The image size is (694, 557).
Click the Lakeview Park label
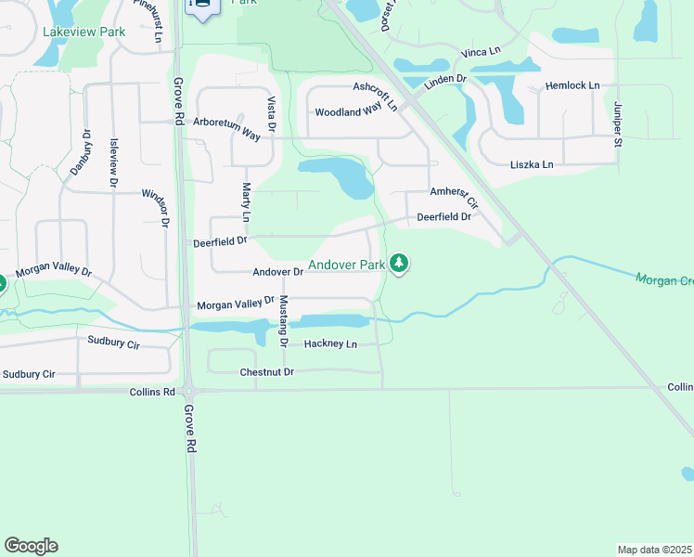84,32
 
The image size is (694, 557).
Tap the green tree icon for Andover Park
399,264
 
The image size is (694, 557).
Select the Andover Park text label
346,265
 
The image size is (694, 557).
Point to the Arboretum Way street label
226,129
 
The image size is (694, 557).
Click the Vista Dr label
272,113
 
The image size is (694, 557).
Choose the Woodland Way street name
349,111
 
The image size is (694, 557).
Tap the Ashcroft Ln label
376,95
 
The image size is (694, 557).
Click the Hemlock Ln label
572,85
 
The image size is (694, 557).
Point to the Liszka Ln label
532,164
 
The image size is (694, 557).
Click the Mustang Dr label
284,320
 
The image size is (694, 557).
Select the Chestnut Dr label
266,372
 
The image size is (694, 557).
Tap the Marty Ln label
247,201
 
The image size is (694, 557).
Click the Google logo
31,546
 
